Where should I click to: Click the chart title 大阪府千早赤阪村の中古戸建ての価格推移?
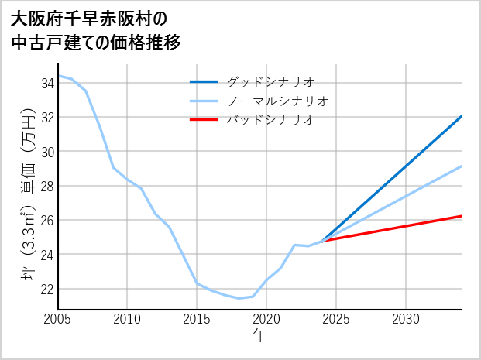(97, 30)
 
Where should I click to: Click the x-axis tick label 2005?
(58, 319)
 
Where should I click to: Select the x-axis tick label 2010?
(128, 319)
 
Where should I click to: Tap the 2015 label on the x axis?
(197, 319)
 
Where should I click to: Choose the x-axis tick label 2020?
(266, 319)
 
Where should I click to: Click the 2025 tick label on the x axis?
(336, 319)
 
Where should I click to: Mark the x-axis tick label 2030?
(406, 319)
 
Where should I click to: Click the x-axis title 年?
(259, 335)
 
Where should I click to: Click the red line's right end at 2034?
(462, 216)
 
